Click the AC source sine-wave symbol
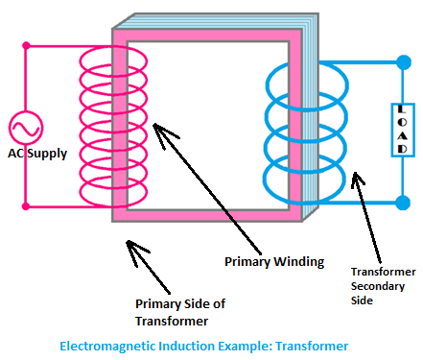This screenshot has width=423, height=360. point(26,128)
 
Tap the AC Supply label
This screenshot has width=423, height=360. point(37,154)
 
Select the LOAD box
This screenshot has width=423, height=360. point(403,130)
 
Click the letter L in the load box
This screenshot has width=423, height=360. point(402,109)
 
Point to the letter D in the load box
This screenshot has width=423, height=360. point(403,149)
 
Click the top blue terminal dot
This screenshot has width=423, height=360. point(404,62)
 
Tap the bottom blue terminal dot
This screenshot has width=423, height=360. point(403,203)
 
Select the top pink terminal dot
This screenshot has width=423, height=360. point(26,46)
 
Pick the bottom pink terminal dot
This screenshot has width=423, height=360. point(26,206)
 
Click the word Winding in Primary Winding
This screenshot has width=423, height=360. point(299,262)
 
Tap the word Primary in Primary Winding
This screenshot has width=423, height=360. point(247,262)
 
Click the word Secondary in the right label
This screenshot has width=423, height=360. point(378,286)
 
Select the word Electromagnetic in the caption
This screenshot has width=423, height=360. point(107,347)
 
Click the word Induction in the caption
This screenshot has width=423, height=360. point(187,346)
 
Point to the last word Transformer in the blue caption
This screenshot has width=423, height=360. point(312,347)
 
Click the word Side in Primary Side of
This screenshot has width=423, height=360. point(197,304)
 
